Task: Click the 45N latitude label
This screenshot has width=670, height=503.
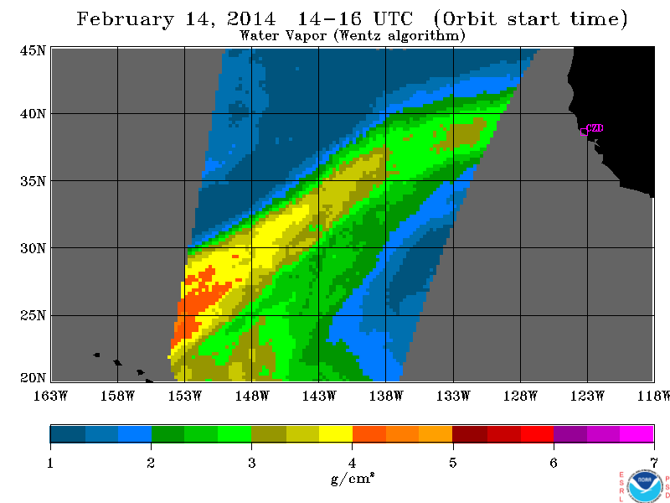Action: (x=33, y=51)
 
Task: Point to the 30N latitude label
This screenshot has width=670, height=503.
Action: (x=33, y=248)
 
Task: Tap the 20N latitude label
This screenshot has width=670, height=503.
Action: (x=33, y=378)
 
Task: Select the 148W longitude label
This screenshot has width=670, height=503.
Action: (x=252, y=396)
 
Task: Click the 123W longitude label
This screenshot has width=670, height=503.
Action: (x=587, y=396)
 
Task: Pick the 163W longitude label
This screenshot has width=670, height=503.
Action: (x=50, y=396)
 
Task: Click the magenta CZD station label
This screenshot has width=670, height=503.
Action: (x=595, y=128)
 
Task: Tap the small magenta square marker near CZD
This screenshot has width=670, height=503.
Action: (x=584, y=132)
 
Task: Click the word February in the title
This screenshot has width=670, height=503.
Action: (x=126, y=19)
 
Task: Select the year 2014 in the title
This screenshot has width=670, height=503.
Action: (x=252, y=18)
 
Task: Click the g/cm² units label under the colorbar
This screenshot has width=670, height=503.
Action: (x=353, y=478)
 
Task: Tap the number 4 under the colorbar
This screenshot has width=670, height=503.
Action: (x=352, y=463)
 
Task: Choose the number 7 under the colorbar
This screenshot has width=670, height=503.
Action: (x=654, y=463)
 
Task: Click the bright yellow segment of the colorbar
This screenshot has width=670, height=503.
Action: (x=336, y=433)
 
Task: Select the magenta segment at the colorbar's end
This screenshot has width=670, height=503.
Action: (x=636, y=433)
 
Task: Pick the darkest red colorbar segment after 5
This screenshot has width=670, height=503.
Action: (x=470, y=433)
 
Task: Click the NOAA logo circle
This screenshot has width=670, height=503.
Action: (x=645, y=486)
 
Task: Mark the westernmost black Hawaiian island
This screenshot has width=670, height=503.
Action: (x=97, y=355)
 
